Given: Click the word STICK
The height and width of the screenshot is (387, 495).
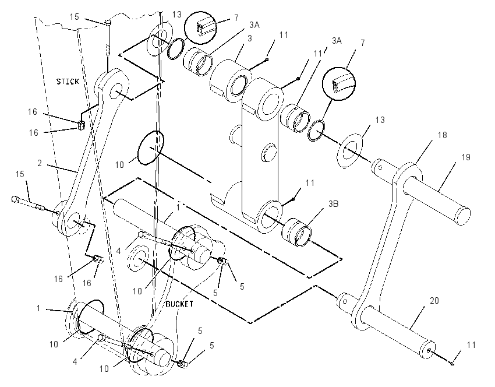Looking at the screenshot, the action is (68, 82).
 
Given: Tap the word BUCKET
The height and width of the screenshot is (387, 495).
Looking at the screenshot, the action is (179, 304).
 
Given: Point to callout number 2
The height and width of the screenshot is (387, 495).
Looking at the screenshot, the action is (40, 163).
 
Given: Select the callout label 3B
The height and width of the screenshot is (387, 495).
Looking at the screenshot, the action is (333, 204).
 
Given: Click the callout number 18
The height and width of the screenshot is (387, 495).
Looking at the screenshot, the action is (442, 135).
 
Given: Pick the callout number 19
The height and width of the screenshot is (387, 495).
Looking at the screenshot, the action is (466, 157).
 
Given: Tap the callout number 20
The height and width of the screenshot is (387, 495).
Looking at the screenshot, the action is (434, 300).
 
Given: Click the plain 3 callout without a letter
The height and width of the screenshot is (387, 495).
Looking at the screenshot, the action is (250, 38).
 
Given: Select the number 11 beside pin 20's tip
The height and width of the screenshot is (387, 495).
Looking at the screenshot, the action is (471, 344).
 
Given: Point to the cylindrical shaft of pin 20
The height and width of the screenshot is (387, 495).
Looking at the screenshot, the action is (398, 330).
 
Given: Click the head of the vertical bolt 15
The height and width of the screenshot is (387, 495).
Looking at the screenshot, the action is (107, 22).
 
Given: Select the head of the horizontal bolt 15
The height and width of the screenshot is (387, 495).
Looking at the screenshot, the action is (15, 199).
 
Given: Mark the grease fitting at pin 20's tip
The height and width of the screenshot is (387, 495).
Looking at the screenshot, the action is (429, 350).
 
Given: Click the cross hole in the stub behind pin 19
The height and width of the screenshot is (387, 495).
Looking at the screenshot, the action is (381, 167).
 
